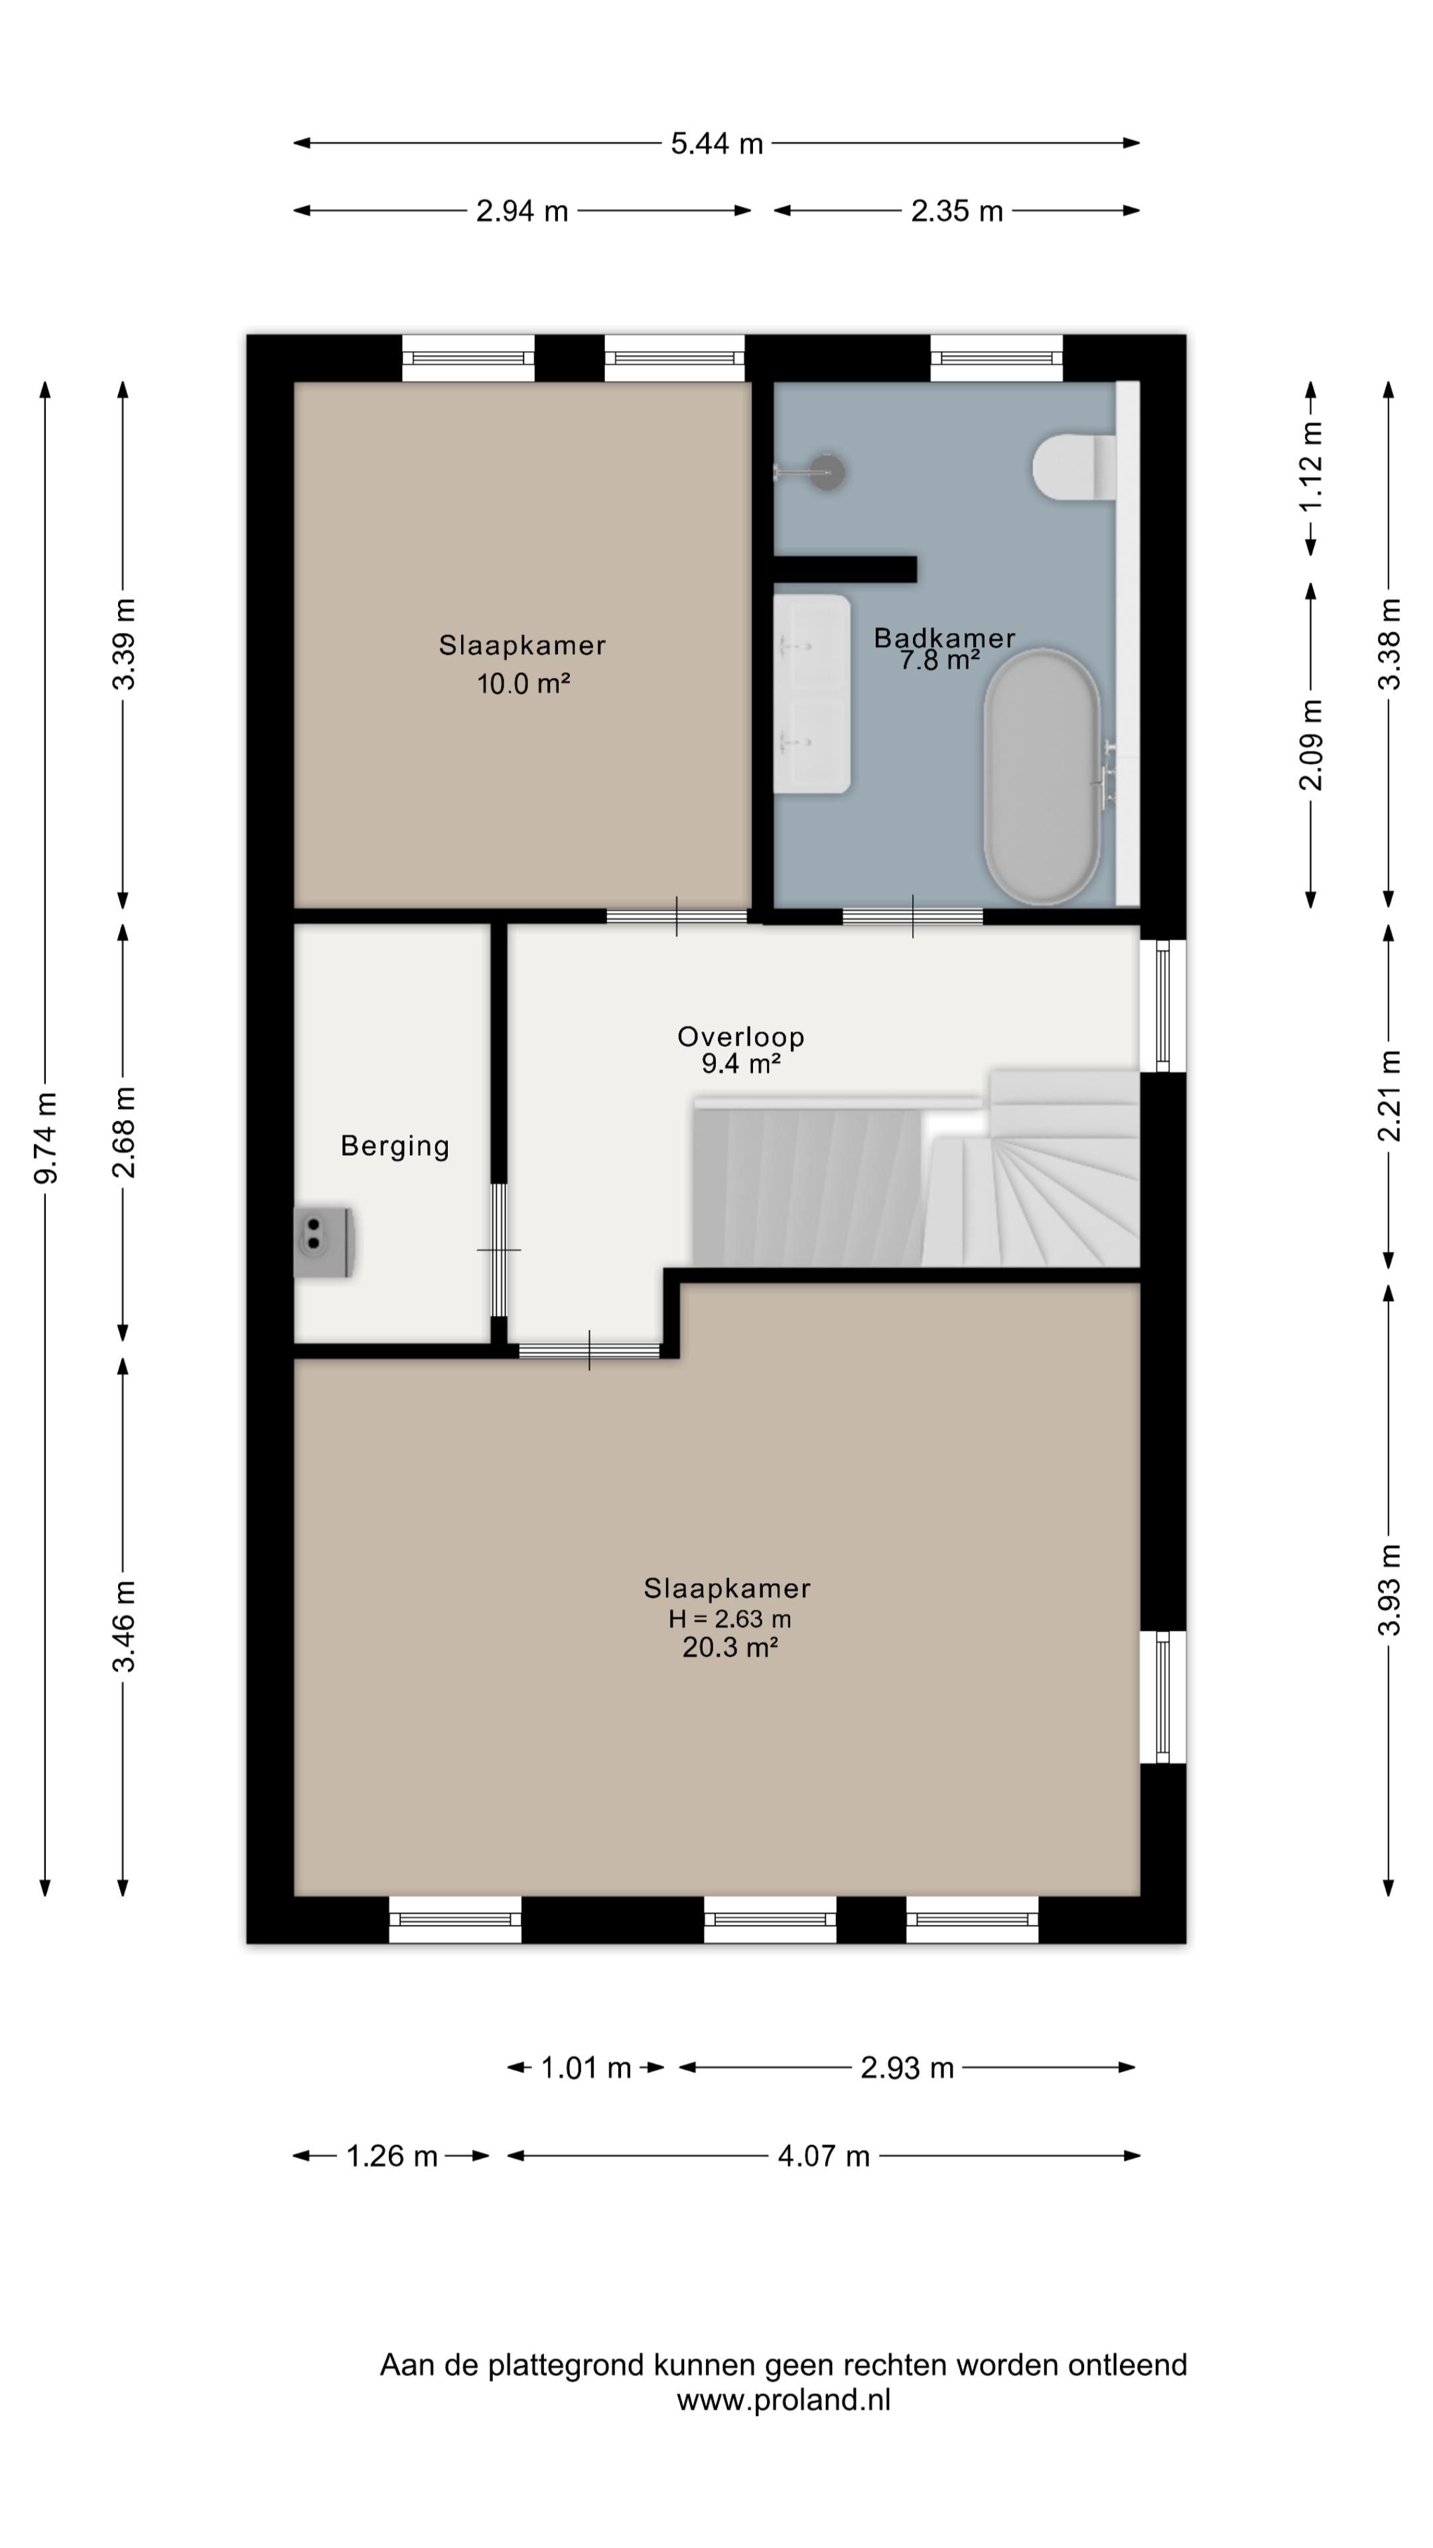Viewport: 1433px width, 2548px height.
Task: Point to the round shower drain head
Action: click(x=827, y=472)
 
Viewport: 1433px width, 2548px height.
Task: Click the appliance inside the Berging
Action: click(x=323, y=1241)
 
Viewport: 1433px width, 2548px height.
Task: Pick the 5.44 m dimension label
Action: click(x=717, y=145)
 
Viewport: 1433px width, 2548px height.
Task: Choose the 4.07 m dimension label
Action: click(x=824, y=2157)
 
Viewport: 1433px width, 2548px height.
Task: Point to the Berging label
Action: click(x=395, y=1147)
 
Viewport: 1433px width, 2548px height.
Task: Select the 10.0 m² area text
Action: click(x=523, y=683)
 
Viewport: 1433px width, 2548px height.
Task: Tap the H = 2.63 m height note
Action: click(x=730, y=1619)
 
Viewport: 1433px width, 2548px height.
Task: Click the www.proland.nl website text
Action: click(x=784, y=2401)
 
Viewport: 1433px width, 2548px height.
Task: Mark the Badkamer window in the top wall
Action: click(x=996, y=358)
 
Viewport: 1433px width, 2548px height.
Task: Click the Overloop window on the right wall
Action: click(x=1163, y=1006)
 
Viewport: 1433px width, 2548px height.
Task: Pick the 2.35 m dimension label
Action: click(x=956, y=212)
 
